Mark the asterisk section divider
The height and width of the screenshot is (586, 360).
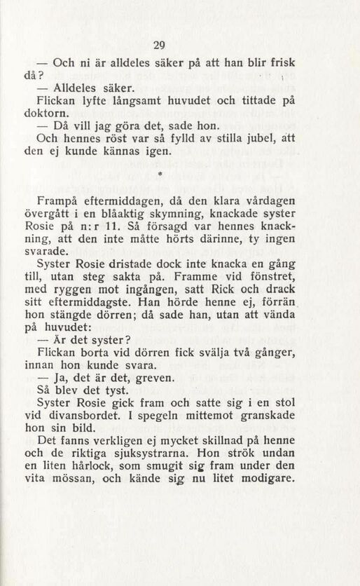[x=160, y=172]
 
